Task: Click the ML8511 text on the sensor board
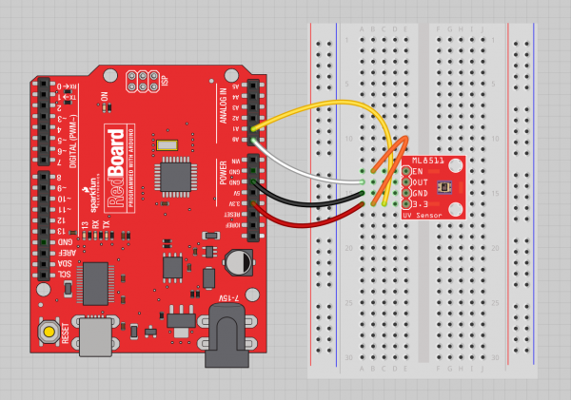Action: [x=425, y=162]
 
